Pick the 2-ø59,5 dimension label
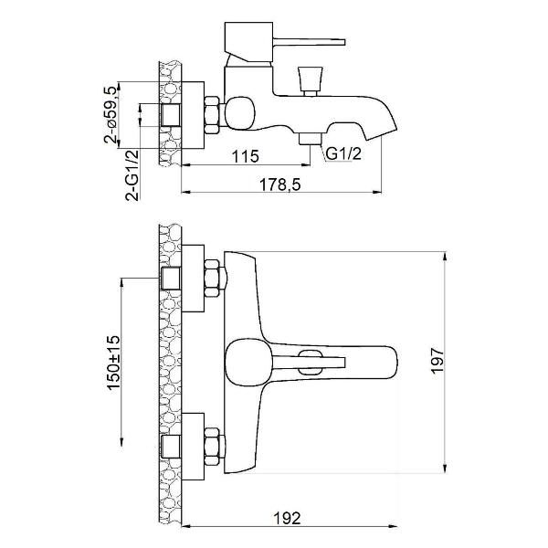[x=111, y=114]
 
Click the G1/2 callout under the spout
[x=346, y=153]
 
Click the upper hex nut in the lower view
[x=211, y=279]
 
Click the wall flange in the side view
[x=191, y=114]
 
